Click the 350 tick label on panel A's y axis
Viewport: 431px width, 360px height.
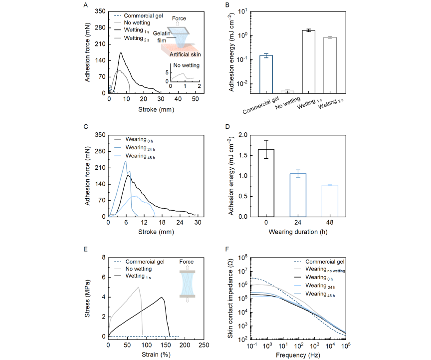[x=99, y=10]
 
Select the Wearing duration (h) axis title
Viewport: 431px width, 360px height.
[x=298, y=231]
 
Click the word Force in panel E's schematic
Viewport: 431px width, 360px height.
[x=186, y=262]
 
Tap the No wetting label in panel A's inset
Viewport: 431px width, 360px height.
[x=186, y=65]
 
